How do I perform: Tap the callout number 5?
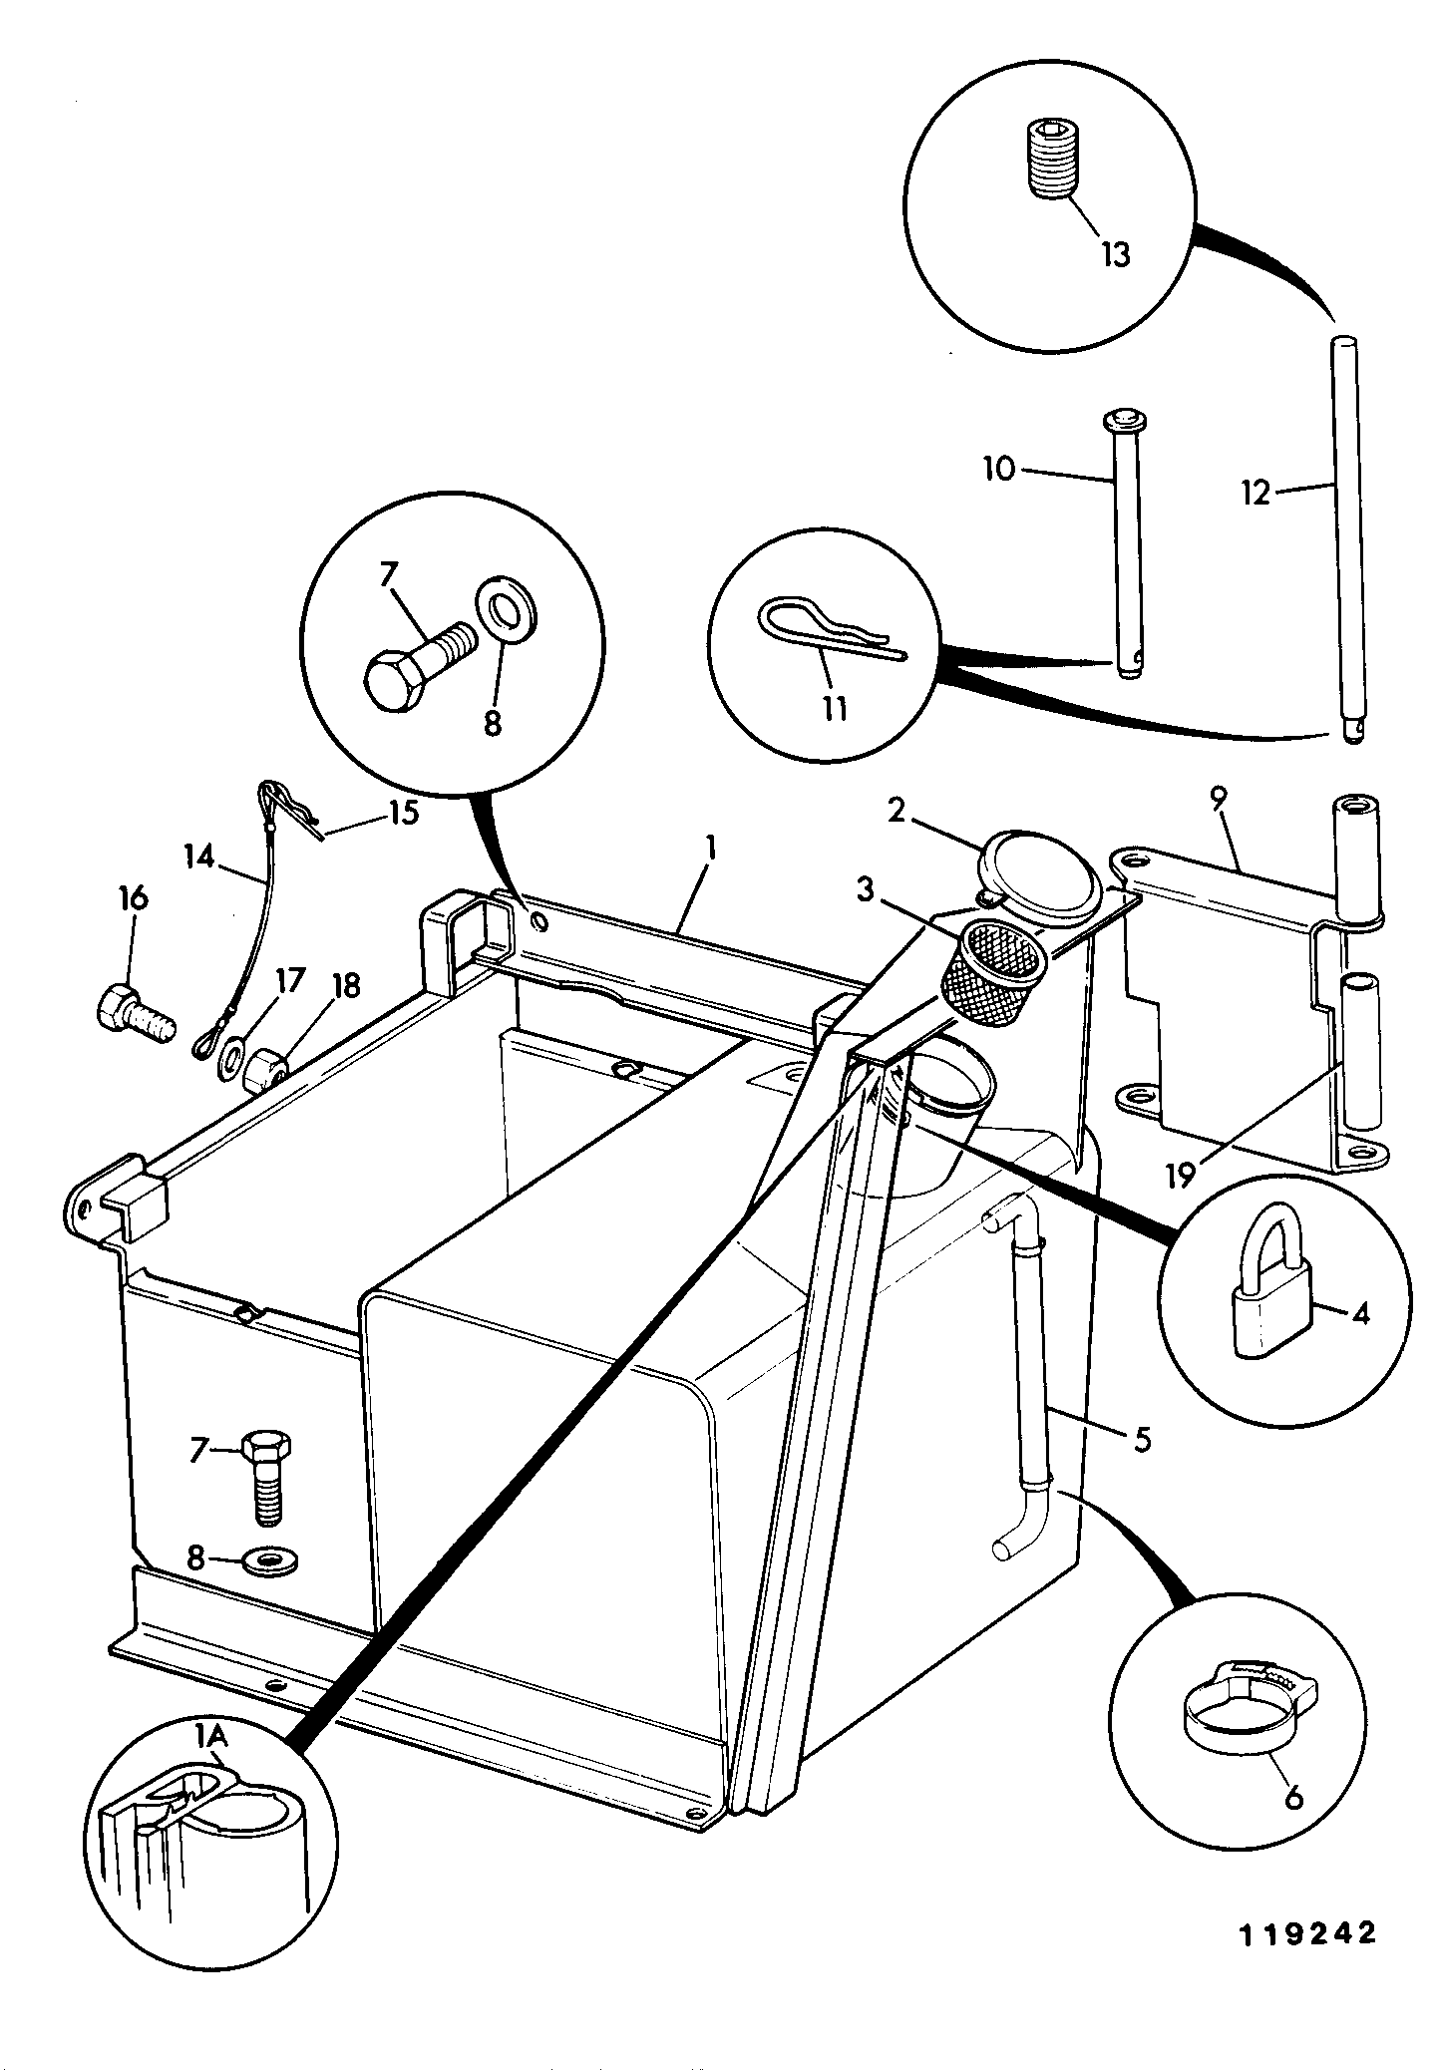[1142, 1439]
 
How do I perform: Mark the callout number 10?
[999, 469]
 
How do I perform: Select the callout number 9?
[1220, 798]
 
